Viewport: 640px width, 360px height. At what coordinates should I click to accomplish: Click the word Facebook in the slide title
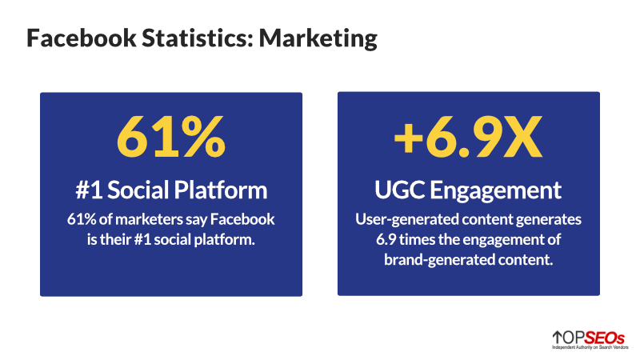[82, 38]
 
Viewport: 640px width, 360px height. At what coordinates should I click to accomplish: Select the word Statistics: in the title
[198, 38]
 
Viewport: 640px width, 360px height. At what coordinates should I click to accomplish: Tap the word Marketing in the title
[318, 39]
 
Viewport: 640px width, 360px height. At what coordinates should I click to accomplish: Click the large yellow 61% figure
[170, 136]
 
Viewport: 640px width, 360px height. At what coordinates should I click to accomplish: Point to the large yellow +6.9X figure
[468, 136]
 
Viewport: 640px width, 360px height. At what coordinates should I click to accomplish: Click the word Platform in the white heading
[221, 190]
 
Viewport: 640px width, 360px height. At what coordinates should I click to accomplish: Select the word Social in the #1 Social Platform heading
[138, 190]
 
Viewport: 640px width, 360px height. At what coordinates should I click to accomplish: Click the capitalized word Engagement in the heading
[495, 191]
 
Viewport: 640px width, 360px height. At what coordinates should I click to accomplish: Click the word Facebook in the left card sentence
[242, 219]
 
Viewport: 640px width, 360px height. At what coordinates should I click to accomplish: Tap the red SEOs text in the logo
[604, 338]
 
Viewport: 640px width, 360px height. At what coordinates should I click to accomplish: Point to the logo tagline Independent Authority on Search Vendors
[590, 347]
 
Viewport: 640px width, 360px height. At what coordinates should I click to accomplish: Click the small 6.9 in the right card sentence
[386, 239]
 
